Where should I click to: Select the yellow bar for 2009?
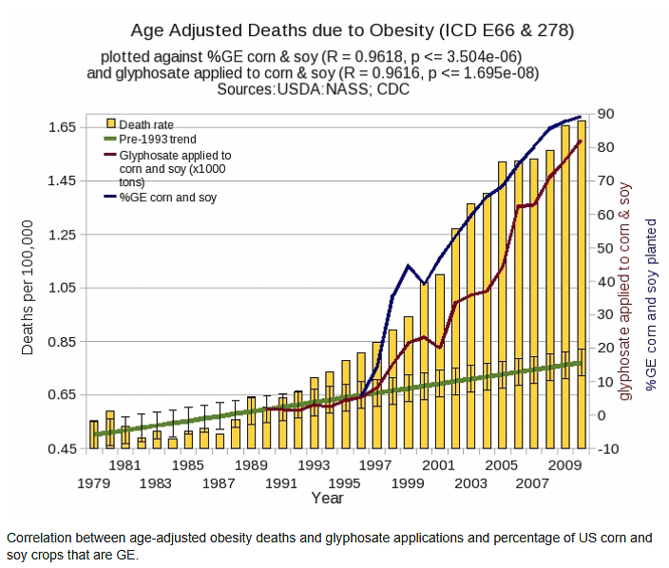click(x=565, y=285)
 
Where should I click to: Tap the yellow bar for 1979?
click(x=94, y=434)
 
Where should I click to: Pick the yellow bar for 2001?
click(x=439, y=361)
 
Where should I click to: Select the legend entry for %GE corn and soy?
click(x=167, y=198)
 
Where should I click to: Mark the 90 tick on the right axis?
click(x=606, y=114)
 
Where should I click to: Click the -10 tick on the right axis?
click(x=607, y=448)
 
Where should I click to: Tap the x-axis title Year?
click(x=327, y=498)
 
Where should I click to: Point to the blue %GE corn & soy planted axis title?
click(x=651, y=309)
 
